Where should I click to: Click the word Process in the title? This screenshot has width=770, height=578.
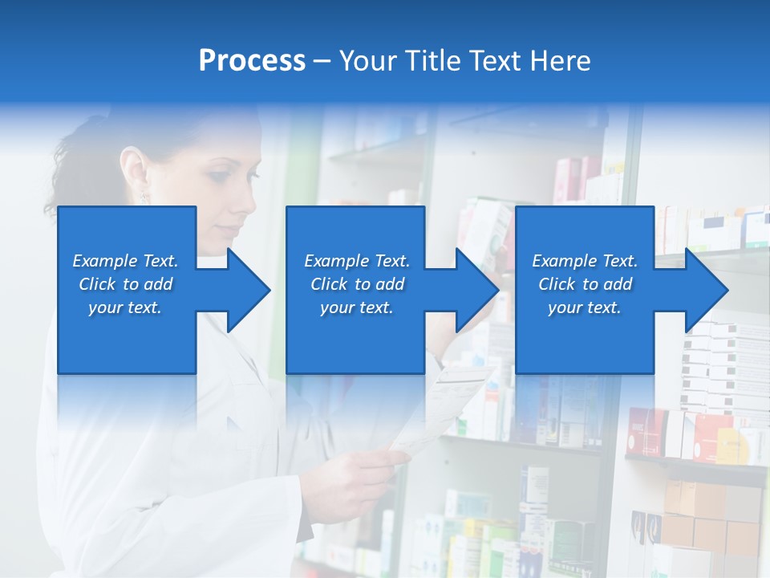[252, 61]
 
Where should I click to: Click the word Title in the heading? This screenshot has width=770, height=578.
[433, 61]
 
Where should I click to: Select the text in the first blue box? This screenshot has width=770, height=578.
[125, 284]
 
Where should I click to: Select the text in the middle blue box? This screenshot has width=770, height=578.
[357, 284]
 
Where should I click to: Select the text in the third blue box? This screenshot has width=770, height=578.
[585, 284]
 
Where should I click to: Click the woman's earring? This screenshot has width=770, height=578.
[144, 195]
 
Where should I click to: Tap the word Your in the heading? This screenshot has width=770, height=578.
[368, 61]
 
